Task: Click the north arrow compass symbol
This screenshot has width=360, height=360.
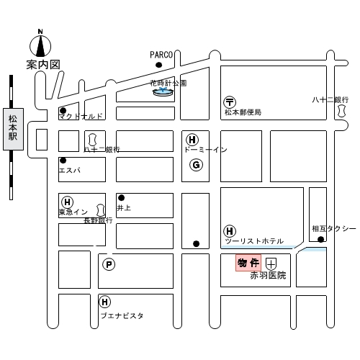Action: pos(40,45)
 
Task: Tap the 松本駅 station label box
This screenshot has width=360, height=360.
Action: pos(13,129)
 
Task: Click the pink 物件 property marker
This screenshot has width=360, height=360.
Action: pos(248,263)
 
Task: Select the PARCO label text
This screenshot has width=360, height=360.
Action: pos(161,55)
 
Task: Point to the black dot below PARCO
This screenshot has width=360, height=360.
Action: pos(158,65)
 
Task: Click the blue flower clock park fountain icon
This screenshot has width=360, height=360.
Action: pos(163,91)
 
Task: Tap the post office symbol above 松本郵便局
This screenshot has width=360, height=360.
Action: pos(230,102)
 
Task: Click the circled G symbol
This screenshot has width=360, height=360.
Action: pos(196,165)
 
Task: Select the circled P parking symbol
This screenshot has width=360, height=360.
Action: pos(109,264)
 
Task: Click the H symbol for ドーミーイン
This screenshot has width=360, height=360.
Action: pos(192,140)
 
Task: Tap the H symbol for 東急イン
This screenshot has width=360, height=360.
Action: pos(68,202)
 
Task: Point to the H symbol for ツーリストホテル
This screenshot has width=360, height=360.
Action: pos(230,231)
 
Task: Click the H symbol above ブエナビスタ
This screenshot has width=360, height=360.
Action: pos(105,302)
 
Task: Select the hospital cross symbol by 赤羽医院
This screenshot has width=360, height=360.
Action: pos(271,264)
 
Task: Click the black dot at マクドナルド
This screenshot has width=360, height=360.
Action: pos(63,111)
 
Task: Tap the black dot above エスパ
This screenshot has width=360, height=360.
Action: pos(63,160)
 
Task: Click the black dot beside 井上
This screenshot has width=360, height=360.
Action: pos(121,198)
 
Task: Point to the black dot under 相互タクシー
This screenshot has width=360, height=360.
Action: pos(320,239)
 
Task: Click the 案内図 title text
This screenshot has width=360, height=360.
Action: pos(43,65)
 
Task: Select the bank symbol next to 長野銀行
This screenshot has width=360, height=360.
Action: pos(101,210)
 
